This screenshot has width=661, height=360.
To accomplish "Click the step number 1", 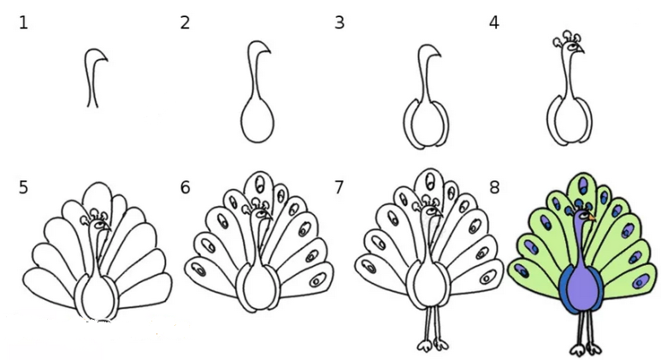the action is point(24,22).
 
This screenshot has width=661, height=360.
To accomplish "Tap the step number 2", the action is point(185,22).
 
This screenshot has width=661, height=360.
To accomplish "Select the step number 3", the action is point(339,22).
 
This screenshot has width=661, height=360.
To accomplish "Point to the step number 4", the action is point(494,22).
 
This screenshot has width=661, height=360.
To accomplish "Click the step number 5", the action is point(24,187).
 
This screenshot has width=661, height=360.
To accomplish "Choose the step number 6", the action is point(185,187).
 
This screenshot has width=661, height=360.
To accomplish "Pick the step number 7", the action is point(339,187).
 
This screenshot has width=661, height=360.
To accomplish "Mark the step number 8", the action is point(494,187).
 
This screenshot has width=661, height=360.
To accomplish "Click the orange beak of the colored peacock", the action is point(593,217).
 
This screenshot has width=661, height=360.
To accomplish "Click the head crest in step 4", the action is point(568,38).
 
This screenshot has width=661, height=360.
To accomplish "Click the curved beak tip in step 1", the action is point(107,60).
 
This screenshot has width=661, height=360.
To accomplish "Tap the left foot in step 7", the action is point(424,345).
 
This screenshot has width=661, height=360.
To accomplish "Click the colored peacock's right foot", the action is point(594,350).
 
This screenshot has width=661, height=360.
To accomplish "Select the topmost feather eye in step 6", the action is point(261,182).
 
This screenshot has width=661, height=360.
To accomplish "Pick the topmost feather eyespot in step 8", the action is point(584,185).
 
